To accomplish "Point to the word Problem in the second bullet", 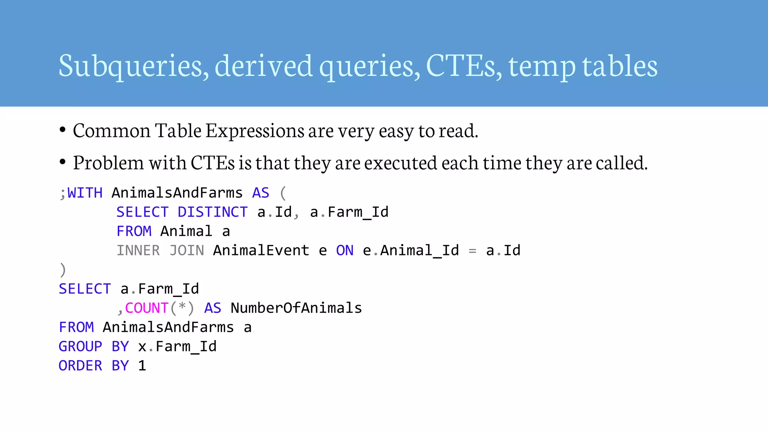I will (x=108, y=163).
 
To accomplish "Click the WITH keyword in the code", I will (x=85, y=193).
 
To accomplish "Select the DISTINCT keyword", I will (x=213, y=212).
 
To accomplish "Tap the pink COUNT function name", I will (x=147, y=308).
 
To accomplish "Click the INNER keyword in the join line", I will (x=138, y=250).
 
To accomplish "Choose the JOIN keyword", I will (x=187, y=250).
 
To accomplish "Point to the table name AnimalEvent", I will (x=261, y=250).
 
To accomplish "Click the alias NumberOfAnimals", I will (x=296, y=308).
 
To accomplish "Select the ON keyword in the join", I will (x=345, y=250).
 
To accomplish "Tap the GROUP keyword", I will (x=80, y=346).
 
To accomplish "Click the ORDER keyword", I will (x=80, y=366).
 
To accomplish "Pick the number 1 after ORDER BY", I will (x=142, y=366).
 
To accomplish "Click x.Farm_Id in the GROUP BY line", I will (x=177, y=346).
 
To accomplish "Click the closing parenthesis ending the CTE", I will (x=63, y=270).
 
